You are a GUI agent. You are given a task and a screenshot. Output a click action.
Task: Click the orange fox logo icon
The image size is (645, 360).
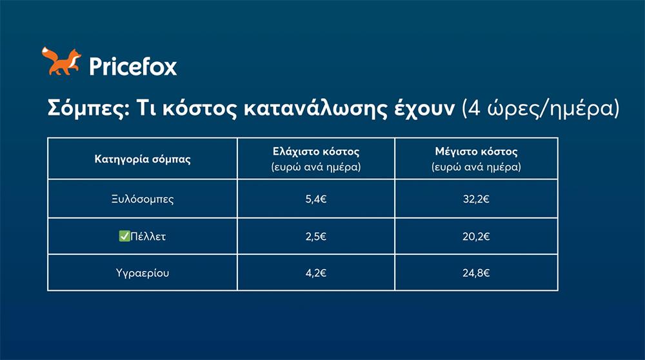point(61,61)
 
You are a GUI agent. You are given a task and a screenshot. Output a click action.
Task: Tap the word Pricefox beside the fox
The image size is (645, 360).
point(132,66)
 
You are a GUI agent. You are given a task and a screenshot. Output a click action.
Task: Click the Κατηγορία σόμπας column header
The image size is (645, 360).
point(143,159)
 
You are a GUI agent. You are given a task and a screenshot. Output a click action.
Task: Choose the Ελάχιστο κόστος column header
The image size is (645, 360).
point(316,152)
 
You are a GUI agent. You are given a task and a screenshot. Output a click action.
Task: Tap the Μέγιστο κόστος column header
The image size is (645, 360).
point(476,152)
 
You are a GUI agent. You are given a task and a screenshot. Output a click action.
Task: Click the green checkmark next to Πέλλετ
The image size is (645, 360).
point(124,237)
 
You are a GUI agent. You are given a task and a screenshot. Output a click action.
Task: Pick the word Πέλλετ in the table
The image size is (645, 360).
point(148,237)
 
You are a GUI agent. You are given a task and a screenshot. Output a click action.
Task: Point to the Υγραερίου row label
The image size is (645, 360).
point(143,273)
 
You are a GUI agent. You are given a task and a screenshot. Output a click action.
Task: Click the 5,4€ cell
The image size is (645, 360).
point(316,199)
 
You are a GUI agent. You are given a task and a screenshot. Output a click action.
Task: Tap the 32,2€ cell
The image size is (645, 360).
point(476,199)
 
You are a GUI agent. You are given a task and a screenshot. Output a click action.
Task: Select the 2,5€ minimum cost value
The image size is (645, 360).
point(316,237)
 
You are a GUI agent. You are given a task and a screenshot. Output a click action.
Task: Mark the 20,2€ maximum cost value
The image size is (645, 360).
point(476,237)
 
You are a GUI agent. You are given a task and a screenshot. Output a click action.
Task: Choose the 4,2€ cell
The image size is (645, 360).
point(316,273)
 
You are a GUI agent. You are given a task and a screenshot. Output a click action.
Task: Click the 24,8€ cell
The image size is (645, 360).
point(476,273)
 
